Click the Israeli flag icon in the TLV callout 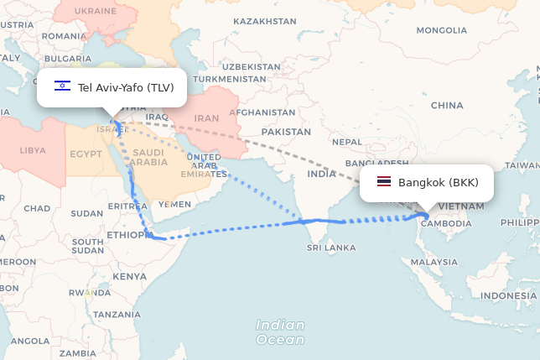pos(62,86)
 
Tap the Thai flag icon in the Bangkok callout pos(384,182)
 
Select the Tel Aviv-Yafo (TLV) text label pos(125,87)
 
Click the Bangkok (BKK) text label pos(439,183)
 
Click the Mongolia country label pos(441,30)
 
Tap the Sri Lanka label pos(331,248)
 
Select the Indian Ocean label pos(280,332)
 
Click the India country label pos(321,174)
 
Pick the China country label pos(447,106)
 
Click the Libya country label pos(33,150)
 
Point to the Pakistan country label pos(286,132)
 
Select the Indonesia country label pos(508,296)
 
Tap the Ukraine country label pos(96,10)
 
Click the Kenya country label pos(129,276)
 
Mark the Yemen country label pos(174,204)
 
